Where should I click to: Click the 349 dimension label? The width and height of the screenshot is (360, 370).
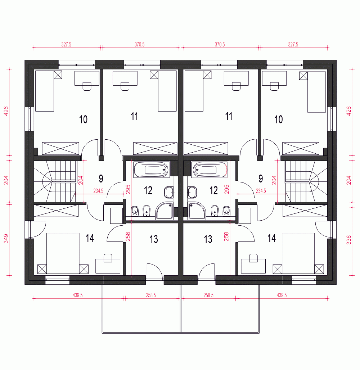pyautogui.click(x=6, y=239)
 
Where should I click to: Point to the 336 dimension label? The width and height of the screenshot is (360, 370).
pyautogui.click(x=349, y=240)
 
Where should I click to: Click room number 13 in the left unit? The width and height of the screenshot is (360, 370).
pyautogui.click(x=154, y=239)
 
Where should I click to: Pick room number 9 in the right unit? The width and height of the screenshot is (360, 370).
pyautogui.click(x=261, y=179)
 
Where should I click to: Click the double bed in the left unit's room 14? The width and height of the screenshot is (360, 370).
pyautogui.click(x=63, y=253)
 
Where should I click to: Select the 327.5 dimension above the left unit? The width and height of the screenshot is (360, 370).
pyautogui.click(x=66, y=44)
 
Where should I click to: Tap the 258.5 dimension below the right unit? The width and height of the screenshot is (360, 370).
pyautogui.click(x=208, y=295)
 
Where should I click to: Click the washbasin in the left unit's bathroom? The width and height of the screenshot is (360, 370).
pyautogui.click(x=169, y=192)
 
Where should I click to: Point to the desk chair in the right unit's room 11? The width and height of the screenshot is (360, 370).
pyautogui.click(x=236, y=86)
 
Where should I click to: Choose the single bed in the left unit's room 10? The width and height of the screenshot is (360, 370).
pyautogui.click(x=45, y=91)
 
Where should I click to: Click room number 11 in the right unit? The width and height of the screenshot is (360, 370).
pyautogui.click(x=229, y=116)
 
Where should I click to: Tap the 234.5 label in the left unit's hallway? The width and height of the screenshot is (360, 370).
pyautogui.click(x=98, y=191)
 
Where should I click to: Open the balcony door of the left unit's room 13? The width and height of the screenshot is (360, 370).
pyautogui.click(x=155, y=272)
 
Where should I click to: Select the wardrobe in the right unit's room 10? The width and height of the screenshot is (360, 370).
pyautogui.click(x=301, y=148)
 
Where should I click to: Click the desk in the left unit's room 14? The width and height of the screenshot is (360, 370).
pyautogui.click(x=108, y=266)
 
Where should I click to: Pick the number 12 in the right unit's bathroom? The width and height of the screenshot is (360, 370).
pyautogui.click(x=213, y=190)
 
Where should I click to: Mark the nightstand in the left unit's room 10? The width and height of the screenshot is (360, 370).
pyautogui.click(x=58, y=75)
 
